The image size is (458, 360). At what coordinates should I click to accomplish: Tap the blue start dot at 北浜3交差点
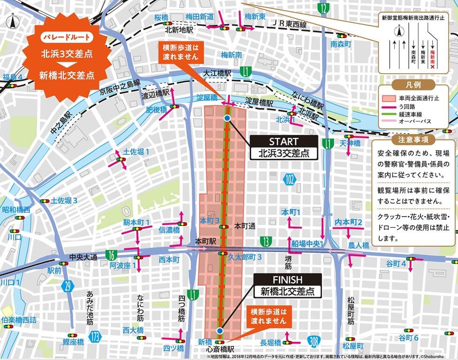[227, 119]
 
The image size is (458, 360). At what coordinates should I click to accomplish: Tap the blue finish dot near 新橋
[220, 331]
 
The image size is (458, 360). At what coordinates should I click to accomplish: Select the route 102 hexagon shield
[290, 178]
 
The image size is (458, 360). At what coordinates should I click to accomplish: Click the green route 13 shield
[266, 241]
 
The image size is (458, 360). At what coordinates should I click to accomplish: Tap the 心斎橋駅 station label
[220, 350]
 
